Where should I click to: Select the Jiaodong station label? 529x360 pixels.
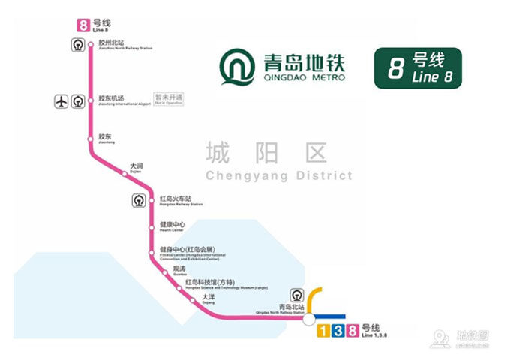[x=106, y=139]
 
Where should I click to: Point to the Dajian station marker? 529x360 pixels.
[x=125, y=174]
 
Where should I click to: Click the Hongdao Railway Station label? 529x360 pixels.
[x=176, y=201]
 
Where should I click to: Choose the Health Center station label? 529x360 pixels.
[x=173, y=226]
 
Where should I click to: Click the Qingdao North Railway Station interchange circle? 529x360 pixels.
[x=308, y=319]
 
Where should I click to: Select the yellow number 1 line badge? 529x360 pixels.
[x=323, y=331]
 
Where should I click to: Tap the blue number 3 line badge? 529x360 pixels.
[x=338, y=331]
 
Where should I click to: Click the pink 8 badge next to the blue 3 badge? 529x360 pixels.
[x=352, y=331]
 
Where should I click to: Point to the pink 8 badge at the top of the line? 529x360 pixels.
[x=83, y=24]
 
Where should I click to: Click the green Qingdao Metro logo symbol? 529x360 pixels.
[x=238, y=67]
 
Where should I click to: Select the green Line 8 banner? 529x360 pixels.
[x=418, y=67]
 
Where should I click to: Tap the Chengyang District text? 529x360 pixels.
[x=278, y=161]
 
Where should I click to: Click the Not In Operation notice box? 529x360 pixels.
[x=169, y=99]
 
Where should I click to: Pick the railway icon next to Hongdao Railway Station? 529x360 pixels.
[x=138, y=200]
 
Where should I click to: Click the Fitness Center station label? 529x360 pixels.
[x=188, y=253]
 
